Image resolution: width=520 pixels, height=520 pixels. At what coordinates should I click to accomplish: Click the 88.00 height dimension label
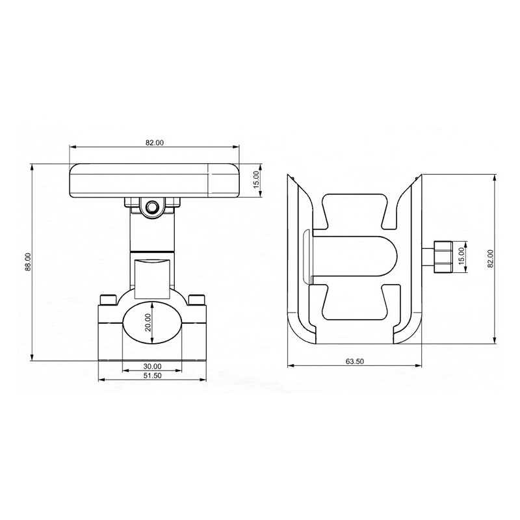click(29, 262)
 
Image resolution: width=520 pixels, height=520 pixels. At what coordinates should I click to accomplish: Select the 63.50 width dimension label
click(354, 361)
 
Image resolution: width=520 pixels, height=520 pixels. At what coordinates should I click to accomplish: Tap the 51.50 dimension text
click(152, 376)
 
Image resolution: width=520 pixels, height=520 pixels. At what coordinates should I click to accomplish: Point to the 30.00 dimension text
click(152, 367)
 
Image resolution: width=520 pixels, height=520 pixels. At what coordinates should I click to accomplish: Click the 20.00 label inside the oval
click(148, 322)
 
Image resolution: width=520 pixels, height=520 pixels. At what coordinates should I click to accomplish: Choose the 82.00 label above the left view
click(155, 143)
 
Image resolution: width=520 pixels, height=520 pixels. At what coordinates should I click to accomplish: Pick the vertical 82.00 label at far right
click(491, 258)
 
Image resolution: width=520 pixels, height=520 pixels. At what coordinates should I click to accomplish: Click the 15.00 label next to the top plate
click(256, 180)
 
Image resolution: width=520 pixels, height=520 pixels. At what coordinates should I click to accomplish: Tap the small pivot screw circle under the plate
click(152, 207)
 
